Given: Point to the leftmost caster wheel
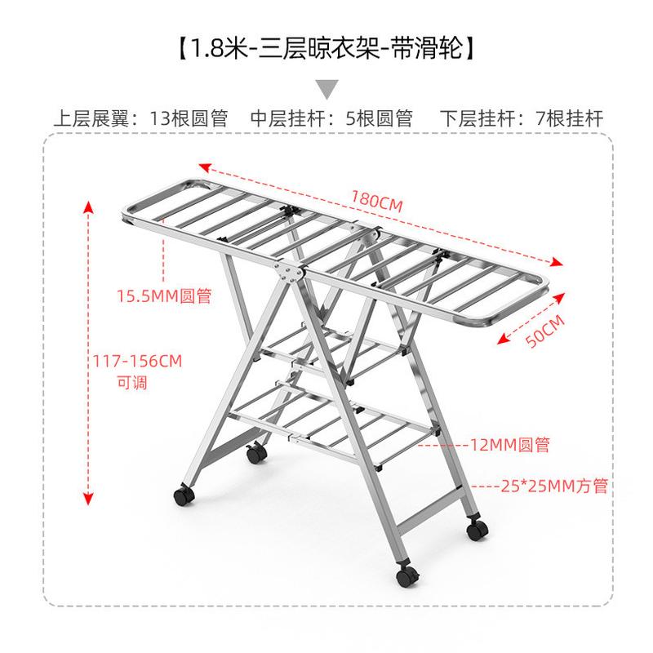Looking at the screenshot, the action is (x=180, y=495).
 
